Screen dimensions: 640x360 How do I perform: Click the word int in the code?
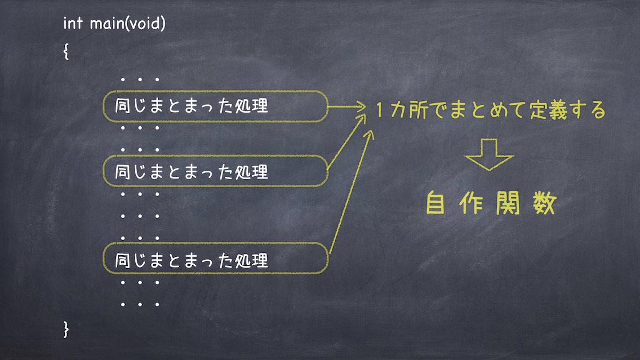(x=73, y=23)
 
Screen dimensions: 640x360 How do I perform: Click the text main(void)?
(x=128, y=23)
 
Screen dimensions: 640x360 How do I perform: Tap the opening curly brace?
(x=66, y=51)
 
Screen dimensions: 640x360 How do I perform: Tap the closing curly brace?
(x=66, y=329)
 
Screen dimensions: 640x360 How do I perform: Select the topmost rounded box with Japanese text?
(x=215, y=91)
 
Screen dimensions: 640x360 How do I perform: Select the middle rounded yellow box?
(x=215, y=155)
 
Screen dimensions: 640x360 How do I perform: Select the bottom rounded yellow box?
(x=215, y=243)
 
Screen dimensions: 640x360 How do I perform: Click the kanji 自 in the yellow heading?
(x=435, y=203)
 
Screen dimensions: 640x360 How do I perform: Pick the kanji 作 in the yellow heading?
(x=472, y=203)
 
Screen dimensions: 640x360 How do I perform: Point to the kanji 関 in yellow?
(x=508, y=203)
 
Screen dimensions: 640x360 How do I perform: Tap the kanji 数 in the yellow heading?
(x=544, y=203)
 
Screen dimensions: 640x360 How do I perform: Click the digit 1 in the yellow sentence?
(x=379, y=110)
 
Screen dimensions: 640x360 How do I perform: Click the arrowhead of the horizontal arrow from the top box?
(x=361, y=107)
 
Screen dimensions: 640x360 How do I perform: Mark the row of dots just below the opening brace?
(x=140, y=79)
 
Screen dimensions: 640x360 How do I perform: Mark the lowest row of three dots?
(x=140, y=304)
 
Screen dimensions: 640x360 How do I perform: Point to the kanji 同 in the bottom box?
(x=122, y=260)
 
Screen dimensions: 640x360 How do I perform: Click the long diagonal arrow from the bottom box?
(x=350, y=192)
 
